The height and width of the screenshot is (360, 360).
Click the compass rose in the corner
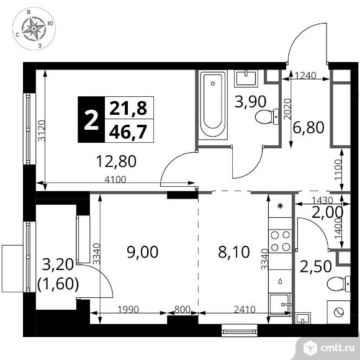tap(34, 29)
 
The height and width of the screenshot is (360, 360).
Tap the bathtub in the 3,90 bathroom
tap(213, 105)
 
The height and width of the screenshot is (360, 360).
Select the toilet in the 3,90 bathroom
tap(267, 117)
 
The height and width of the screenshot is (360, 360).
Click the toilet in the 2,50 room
tap(339, 284)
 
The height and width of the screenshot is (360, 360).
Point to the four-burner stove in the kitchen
tap(280, 241)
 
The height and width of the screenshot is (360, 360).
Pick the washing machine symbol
tap(339, 312)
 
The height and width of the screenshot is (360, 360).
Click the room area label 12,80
tap(116, 161)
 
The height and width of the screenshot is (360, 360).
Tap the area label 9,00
tap(143, 252)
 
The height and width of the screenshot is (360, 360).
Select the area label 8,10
tap(234, 252)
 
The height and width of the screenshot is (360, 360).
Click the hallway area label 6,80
tap(308, 128)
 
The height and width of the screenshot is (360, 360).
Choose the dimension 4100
tap(115, 179)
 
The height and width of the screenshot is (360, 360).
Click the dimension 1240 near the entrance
tap(305, 75)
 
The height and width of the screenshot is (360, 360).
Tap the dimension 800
tap(182, 310)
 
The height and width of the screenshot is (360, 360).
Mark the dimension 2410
tap(245, 310)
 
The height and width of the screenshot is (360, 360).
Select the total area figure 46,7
tap(128, 132)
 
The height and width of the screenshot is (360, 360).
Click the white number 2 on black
tap(91, 120)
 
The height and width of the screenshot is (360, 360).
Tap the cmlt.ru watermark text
tap(338, 348)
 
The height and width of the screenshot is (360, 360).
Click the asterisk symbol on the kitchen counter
tap(280, 205)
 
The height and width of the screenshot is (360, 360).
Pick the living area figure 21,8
tap(128, 108)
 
